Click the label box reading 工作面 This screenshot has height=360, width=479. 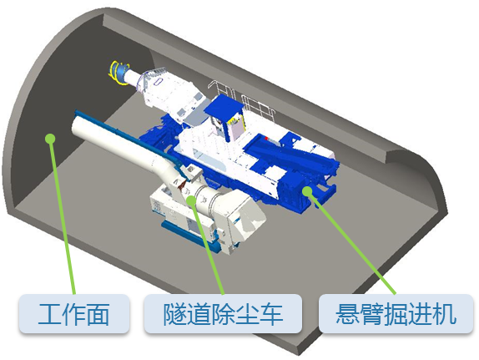(74, 313)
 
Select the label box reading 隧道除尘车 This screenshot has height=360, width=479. (223, 313)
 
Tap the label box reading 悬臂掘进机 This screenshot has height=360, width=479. (396, 313)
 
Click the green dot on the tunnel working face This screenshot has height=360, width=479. (50, 139)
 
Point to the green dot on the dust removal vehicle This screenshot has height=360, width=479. (191, 200)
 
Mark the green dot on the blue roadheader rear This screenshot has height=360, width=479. (307, 191)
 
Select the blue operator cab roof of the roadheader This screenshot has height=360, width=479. (224, 108)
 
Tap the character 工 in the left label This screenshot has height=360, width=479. (50, 314)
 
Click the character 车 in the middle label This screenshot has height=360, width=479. (271, 314)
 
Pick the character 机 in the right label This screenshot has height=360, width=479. (445, 314)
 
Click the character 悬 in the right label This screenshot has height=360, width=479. (347, 314)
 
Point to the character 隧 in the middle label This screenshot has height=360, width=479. (174, 314)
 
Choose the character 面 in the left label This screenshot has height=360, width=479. (98, 314)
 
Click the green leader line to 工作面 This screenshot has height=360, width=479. (63, 216)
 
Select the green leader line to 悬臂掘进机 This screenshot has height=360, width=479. (351, 243)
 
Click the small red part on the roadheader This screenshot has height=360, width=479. (266, 139)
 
